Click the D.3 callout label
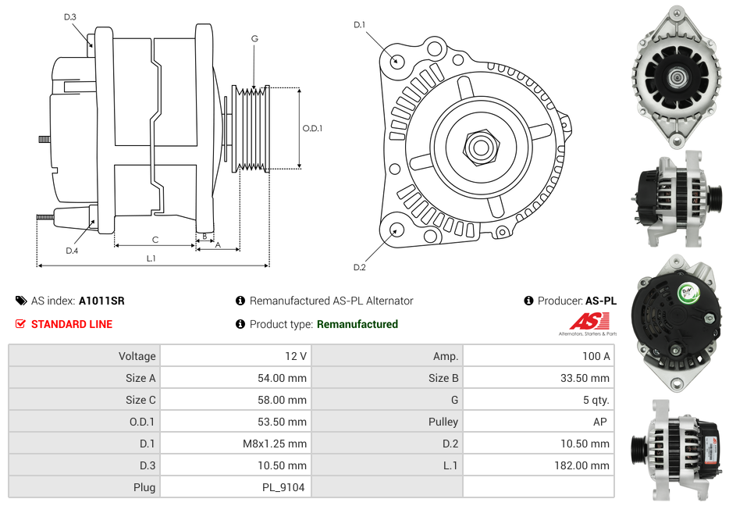(x=69, y=17)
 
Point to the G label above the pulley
(x=254, y=38)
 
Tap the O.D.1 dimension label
(x=312, y=128)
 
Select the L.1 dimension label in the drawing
(x=151, y=258)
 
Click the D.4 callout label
(x=72, y=251)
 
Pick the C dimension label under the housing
(x=155, y=240)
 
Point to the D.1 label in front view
(x=359, y=25)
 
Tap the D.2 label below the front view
(x=359, y=267)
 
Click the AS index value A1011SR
(x=101, y=301)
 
